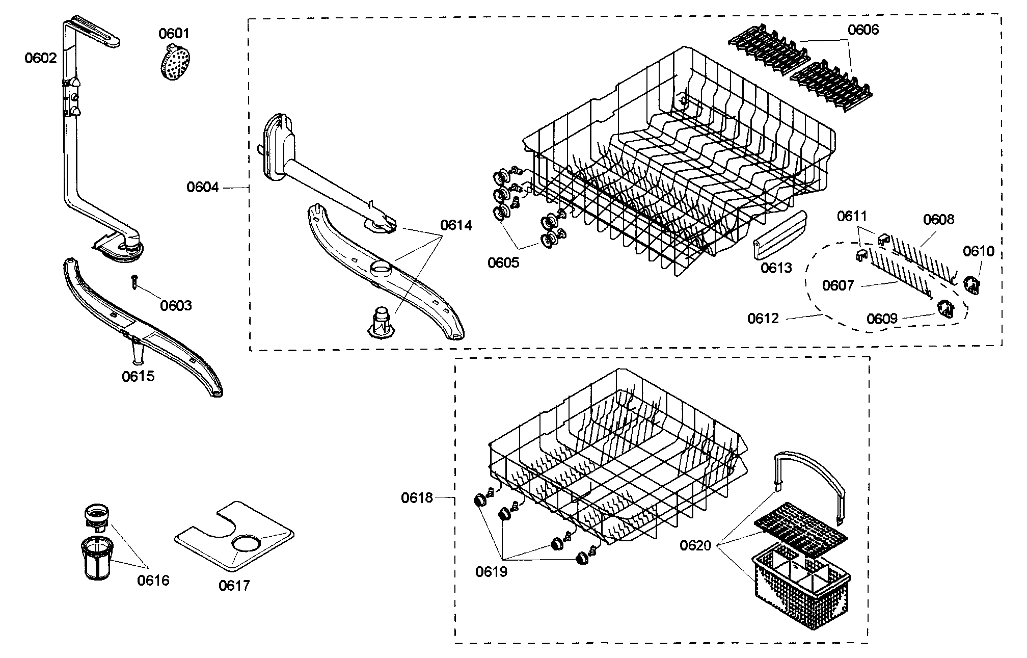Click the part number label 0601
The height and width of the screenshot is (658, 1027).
(174, 34)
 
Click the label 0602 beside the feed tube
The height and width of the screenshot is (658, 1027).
(41, 58)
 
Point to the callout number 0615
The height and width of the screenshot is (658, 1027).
(138, 377)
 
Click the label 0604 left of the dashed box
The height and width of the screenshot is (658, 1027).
(202, 188)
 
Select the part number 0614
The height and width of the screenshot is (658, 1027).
(456, 225)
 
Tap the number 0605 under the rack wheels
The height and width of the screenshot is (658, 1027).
(503, 263)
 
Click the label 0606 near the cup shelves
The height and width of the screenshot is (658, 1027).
(863, 30)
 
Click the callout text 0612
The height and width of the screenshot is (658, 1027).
(763, 319)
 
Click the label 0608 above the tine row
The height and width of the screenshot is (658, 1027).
(938, 220)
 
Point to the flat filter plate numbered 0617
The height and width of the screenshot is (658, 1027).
(234, 540)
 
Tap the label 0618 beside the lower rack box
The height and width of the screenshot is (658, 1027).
(417, 498)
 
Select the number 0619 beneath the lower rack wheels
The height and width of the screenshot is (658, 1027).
(492, 572)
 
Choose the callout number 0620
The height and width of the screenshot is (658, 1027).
(695, 546)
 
